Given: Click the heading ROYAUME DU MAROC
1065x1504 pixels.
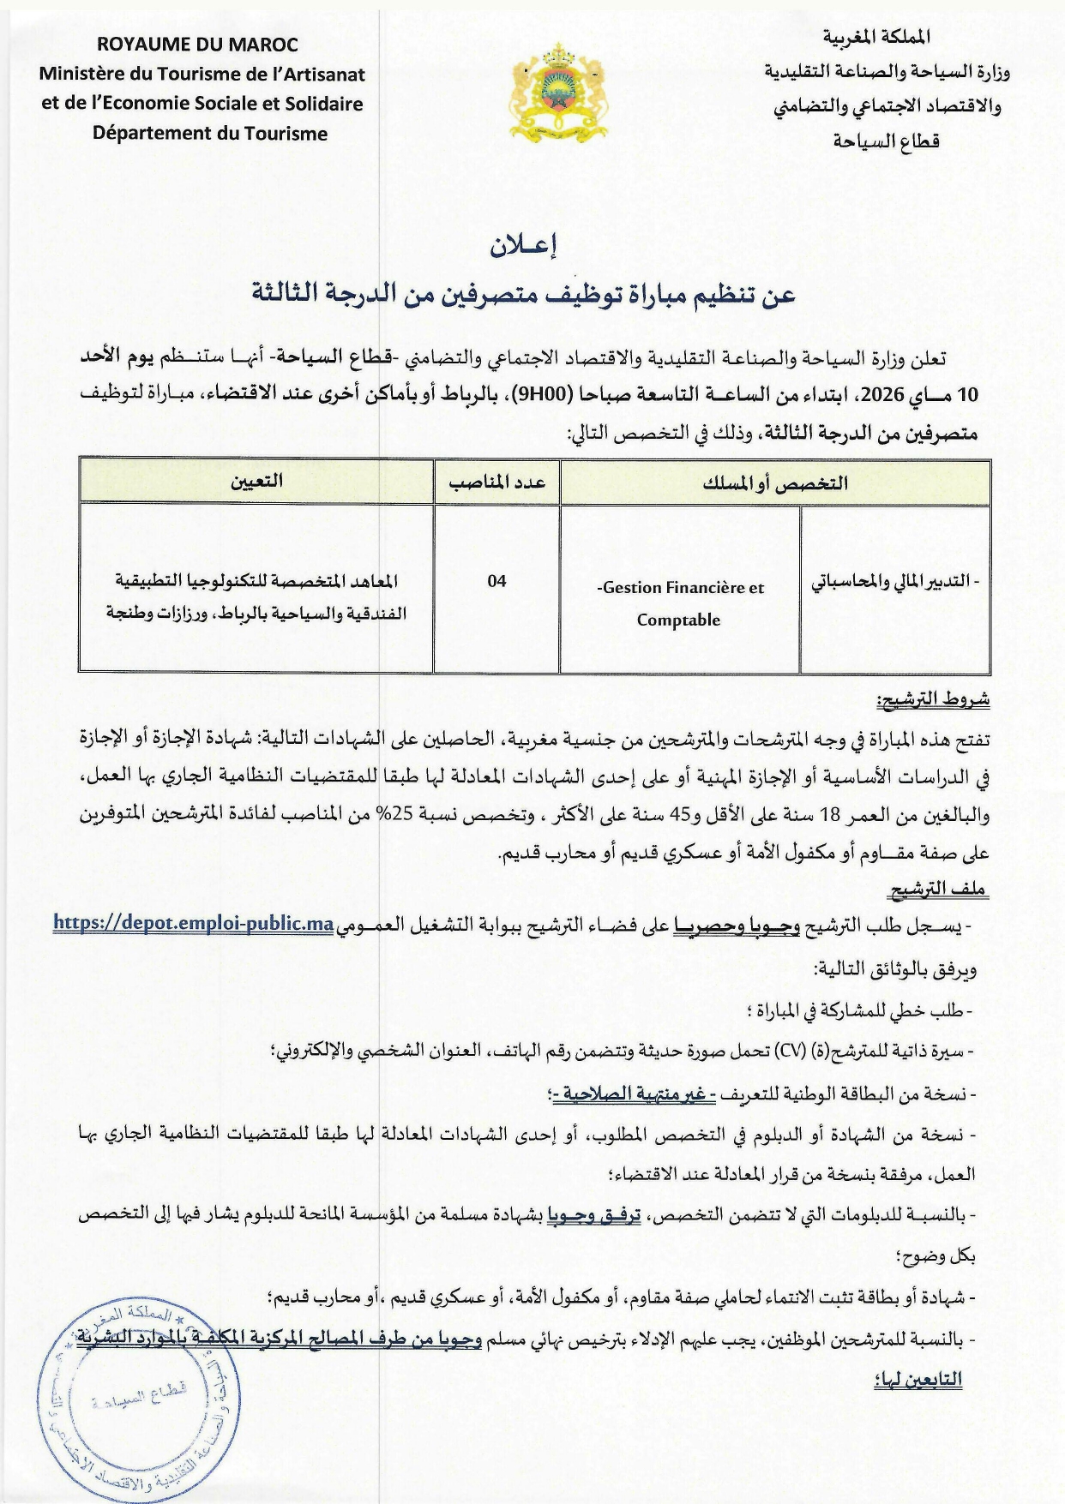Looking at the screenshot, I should [x=197, y=45].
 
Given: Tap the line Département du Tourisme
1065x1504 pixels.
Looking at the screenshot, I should [x=210, y=134].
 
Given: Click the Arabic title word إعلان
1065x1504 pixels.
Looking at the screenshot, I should [x=524, y=247].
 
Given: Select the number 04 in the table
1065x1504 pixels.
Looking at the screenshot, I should [x=496, y=582].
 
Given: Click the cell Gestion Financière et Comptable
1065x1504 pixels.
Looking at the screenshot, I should [x=679, y=602].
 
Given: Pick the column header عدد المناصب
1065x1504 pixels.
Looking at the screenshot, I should [x=496, y=482].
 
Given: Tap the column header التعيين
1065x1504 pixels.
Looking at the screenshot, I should [x=256, y=482].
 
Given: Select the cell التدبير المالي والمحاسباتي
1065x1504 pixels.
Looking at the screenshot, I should [x=895, y=582].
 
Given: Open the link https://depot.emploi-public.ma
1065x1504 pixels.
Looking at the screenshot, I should [x=193, y=924].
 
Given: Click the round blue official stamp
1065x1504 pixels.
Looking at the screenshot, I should [x=137, y=1401].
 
